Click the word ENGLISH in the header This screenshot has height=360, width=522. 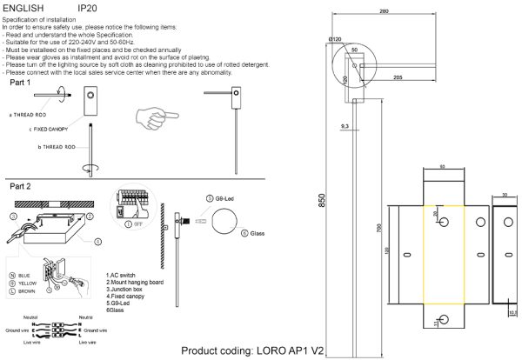point(23,7)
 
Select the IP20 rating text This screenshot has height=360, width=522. point(88,7)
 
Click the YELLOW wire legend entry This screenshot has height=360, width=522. point(23,282)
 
